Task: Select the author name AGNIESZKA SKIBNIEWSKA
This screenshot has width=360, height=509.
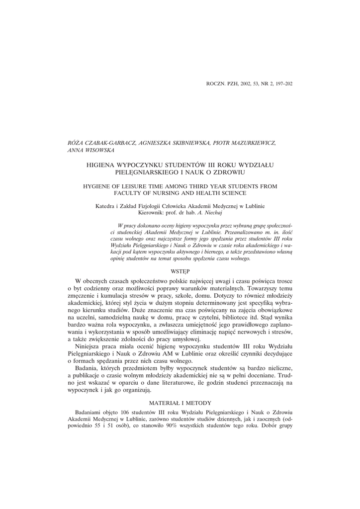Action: click(x=169, y=143)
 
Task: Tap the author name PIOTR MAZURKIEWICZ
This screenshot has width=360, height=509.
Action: click(x=242, y=143)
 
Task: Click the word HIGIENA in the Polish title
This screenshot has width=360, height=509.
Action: click(x=103, y=164)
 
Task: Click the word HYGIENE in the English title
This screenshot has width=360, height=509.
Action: click(x=98, y=185)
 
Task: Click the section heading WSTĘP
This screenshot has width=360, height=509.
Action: click(x=180, y=272)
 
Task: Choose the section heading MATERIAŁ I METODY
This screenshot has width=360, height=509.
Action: click(x=180, y=402)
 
